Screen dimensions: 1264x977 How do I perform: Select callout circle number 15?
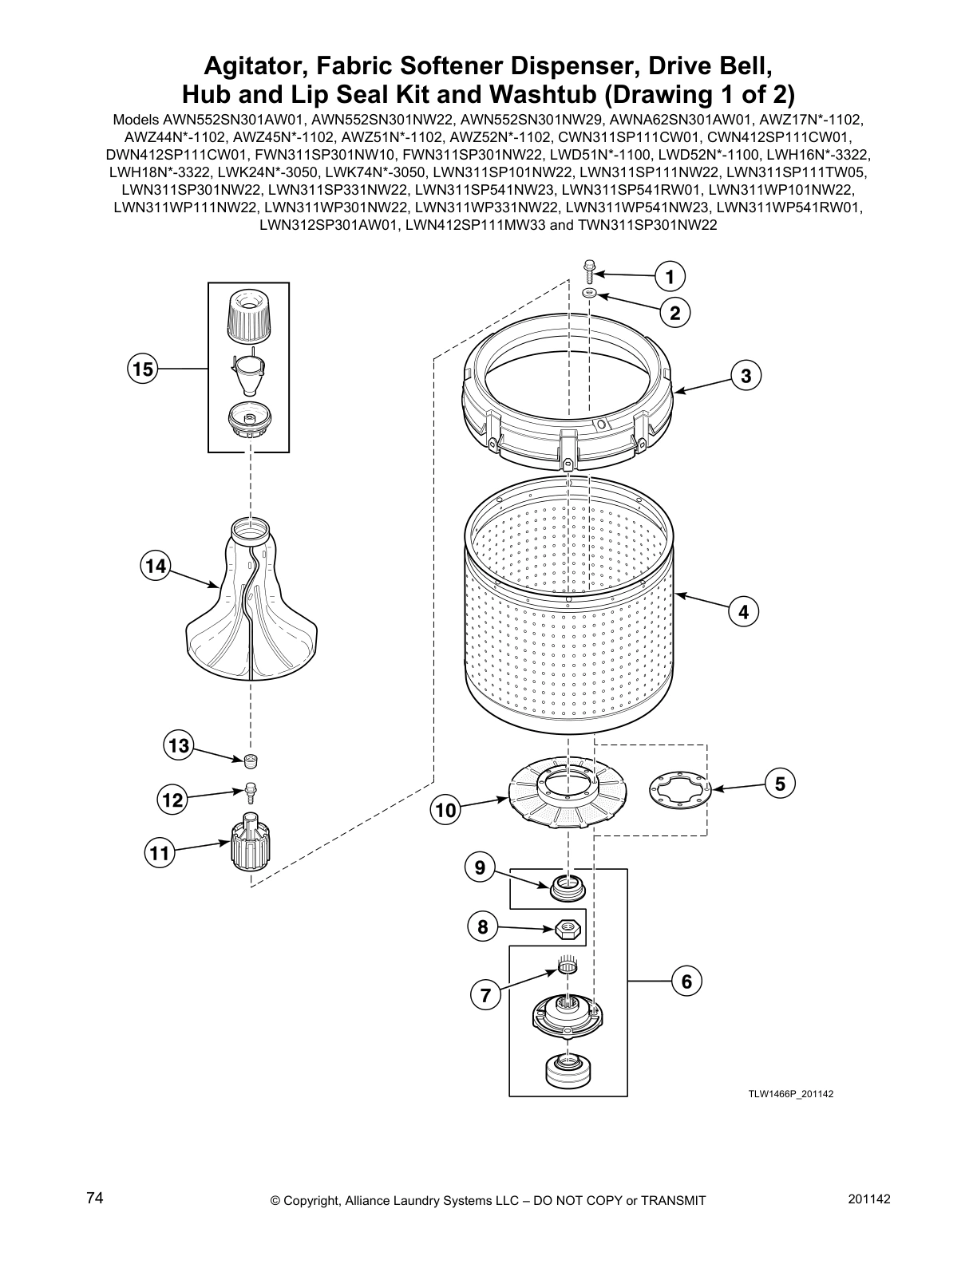pos(143,369)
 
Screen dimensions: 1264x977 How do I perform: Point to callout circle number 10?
pos(445,811)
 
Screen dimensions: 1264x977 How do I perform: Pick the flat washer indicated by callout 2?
pos(590,294)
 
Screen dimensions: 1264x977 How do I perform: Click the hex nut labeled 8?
pos(566,929)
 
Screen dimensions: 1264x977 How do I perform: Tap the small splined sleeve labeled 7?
pos(568,968)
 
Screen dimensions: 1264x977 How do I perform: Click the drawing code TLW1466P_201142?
pos(790,1094)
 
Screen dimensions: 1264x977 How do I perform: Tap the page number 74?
pos(94,1199)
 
